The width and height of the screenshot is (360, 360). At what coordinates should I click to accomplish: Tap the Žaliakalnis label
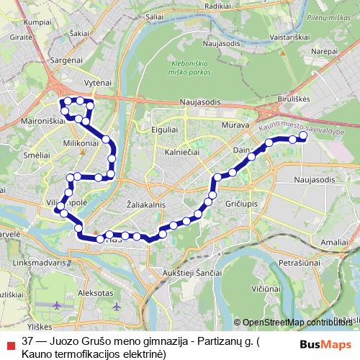(x=146, y=204)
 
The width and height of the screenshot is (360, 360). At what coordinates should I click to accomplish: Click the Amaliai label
(x=336, y=243)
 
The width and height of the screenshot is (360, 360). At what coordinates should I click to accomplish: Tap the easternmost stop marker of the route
(x=303, y=135)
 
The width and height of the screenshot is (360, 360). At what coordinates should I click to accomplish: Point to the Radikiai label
(x=217, y=5)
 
